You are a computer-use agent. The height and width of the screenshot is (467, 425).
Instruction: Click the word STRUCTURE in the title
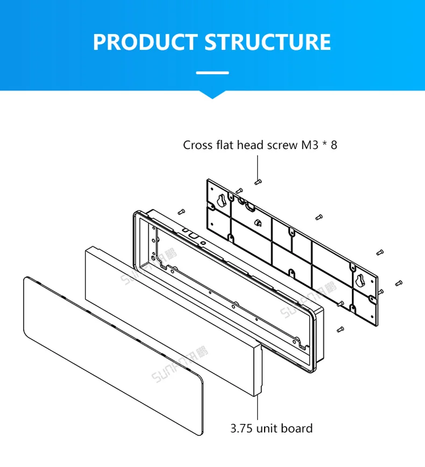268,42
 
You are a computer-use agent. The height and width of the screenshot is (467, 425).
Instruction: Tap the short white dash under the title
212,72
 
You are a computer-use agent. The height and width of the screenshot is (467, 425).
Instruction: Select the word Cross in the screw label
198,145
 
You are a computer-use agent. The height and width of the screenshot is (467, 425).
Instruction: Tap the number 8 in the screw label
334,145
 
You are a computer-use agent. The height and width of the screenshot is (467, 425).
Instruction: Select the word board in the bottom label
297,428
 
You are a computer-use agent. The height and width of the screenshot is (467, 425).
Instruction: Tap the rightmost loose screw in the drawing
399,282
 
